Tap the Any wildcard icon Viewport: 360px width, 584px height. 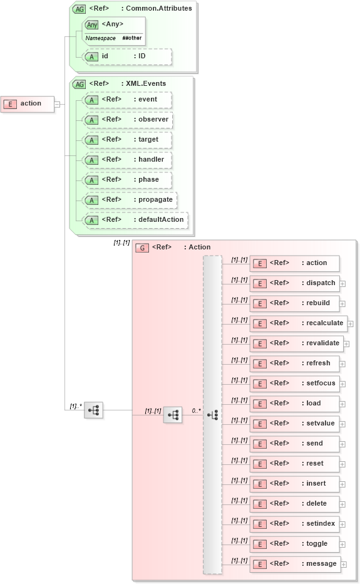click(92, 24)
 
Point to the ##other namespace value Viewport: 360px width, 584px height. click(132, 38)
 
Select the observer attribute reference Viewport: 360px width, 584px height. click(128, 120)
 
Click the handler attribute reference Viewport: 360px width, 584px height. click(128, 160)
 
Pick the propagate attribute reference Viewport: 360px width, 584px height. click(130, 200)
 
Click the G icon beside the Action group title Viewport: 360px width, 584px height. click(142, 248)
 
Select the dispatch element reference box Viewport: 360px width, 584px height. click(294, 283)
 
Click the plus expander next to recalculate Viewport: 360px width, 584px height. click(351, 324)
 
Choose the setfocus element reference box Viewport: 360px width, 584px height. click(294, 383)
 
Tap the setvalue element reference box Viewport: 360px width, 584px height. click(294, 424)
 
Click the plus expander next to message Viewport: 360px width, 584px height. click(343, 565)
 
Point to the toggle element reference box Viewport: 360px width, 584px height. click(294, 544)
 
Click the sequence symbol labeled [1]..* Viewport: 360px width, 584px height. click(94, 410)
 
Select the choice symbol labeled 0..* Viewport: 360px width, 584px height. click(212, 415)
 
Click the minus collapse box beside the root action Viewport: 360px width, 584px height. click(57, 104)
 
